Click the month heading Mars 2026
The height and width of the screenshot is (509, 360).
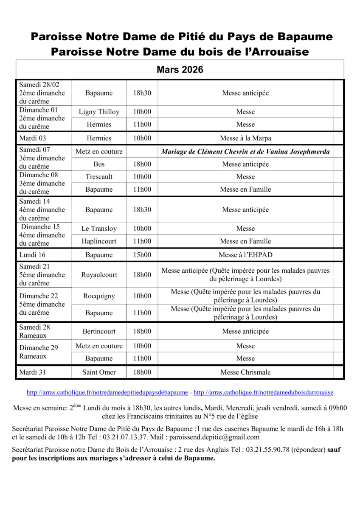pos(180,70)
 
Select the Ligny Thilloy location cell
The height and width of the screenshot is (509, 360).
pos(99,112)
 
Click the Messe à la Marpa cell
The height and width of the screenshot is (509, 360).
pos(245,138)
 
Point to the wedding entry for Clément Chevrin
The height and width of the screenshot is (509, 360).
pos(245,151)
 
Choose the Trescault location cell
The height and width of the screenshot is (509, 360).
pos(99,177)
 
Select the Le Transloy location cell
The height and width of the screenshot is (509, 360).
pos(99,229)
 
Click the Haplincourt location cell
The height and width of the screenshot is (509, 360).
pos(99,241)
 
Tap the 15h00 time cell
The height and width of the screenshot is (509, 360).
pos(142,255)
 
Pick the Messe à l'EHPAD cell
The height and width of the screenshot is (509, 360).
pos(245,255)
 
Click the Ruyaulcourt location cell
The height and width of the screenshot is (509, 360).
pos(99,275)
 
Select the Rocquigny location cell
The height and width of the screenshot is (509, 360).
pos(99,296)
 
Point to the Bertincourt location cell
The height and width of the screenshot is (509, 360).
pos(99,331)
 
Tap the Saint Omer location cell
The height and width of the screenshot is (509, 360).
pos(99,372)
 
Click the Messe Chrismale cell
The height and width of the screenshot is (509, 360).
pos(245,372)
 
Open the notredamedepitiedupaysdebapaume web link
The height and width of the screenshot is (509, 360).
pos(107,393)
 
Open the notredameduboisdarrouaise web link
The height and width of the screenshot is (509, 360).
pos(263,393)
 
